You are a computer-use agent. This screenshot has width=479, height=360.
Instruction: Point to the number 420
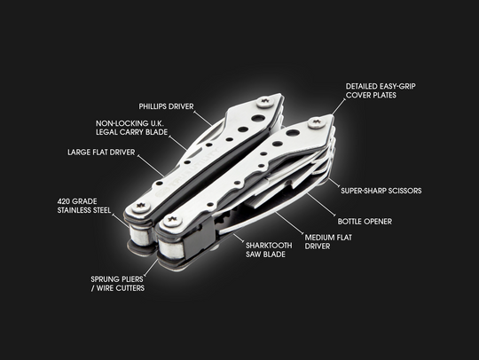[x=66, y=201]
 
